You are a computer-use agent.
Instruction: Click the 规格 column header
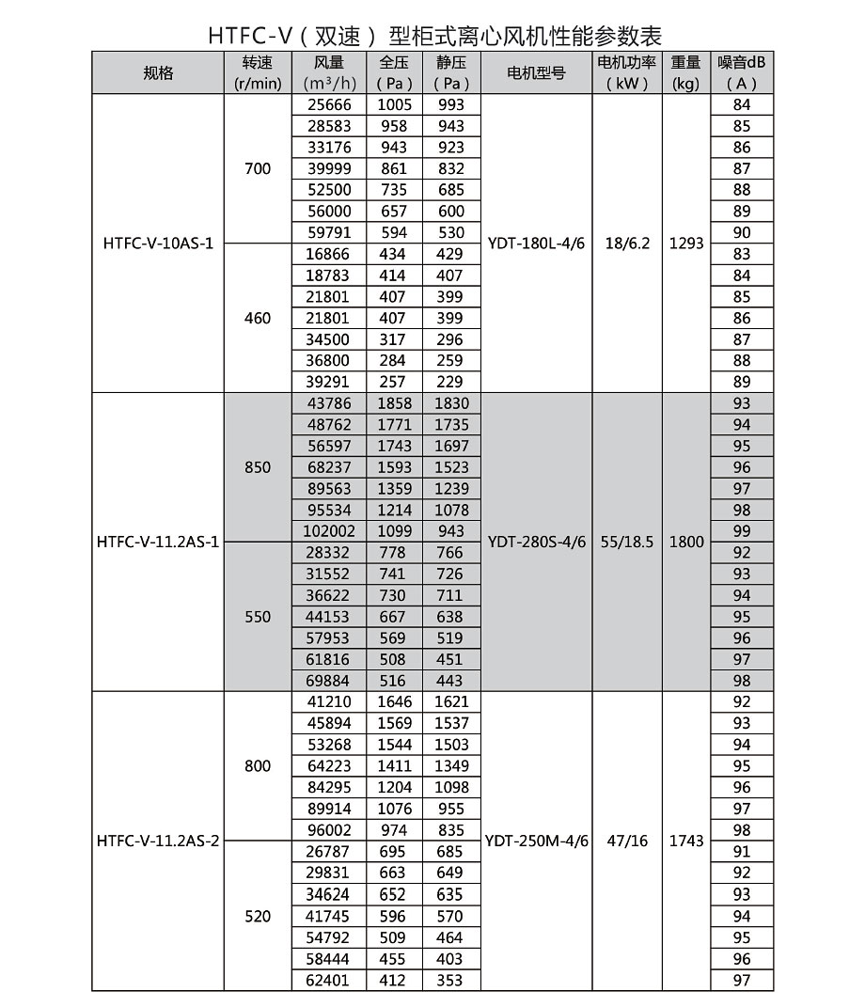(158, 73)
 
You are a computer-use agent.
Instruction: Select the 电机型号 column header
(536, 73)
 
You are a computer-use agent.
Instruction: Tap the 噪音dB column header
(742, 73)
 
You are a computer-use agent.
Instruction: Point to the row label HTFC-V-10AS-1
(158, 244)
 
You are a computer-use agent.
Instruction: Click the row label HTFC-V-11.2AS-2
(158, 841)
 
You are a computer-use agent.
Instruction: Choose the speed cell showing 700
(257, 169)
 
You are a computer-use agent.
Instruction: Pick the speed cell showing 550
(257, 617)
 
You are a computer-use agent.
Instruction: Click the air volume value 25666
(328, 104)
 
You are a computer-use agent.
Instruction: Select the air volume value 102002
(328, 531)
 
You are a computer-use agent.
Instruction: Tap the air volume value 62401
(328, 980)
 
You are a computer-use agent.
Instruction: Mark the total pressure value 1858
(394, 402)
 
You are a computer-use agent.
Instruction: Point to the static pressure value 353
(450, 980)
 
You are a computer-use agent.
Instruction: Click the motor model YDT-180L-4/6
(536, 244)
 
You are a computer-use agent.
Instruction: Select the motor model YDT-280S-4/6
(536, 543)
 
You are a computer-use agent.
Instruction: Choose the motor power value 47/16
(627, 841)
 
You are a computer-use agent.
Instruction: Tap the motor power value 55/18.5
(627, 543)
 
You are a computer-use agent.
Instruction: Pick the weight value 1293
(686, 244)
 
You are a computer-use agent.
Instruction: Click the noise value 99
(742, 531)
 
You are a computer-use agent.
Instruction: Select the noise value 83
(742, 254)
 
